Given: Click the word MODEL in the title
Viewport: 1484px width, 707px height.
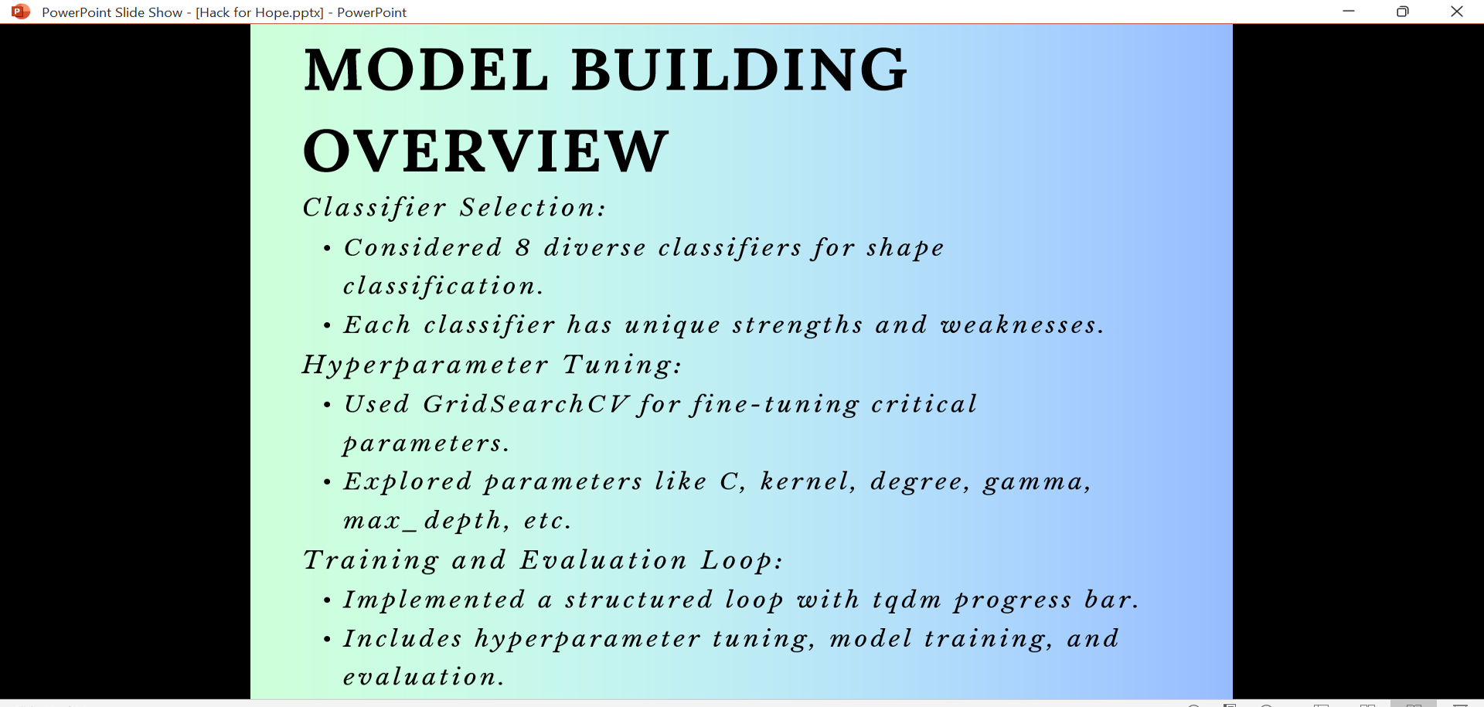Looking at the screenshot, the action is click(426, 70).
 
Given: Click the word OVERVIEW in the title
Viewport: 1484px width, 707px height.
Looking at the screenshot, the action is click(485, 151).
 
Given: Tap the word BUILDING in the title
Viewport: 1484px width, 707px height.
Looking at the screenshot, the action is click(740, 70).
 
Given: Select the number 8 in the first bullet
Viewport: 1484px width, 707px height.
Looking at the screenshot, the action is click(523, 247).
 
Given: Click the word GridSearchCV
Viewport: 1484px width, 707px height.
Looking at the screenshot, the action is click(526, 403).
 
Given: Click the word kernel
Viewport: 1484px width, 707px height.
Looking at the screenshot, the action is click(808, 481).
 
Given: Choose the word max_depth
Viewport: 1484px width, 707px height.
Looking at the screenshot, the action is click(426, 521).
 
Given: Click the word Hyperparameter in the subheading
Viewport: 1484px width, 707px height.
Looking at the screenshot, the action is click(425, 365).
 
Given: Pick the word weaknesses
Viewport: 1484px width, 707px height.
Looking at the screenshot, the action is click(1022, 325).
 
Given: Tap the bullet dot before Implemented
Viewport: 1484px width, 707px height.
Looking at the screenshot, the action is click(327, 600).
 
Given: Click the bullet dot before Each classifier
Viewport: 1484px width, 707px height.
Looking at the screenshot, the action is click(327, 326).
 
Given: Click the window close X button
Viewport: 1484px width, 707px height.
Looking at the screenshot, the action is click(1457, 12).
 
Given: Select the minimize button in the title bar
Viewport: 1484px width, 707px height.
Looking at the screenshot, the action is click(1349, 12).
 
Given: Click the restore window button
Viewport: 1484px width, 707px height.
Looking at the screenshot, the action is click(1403, 12).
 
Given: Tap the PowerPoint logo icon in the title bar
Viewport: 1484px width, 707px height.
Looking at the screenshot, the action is click(21, 12).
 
